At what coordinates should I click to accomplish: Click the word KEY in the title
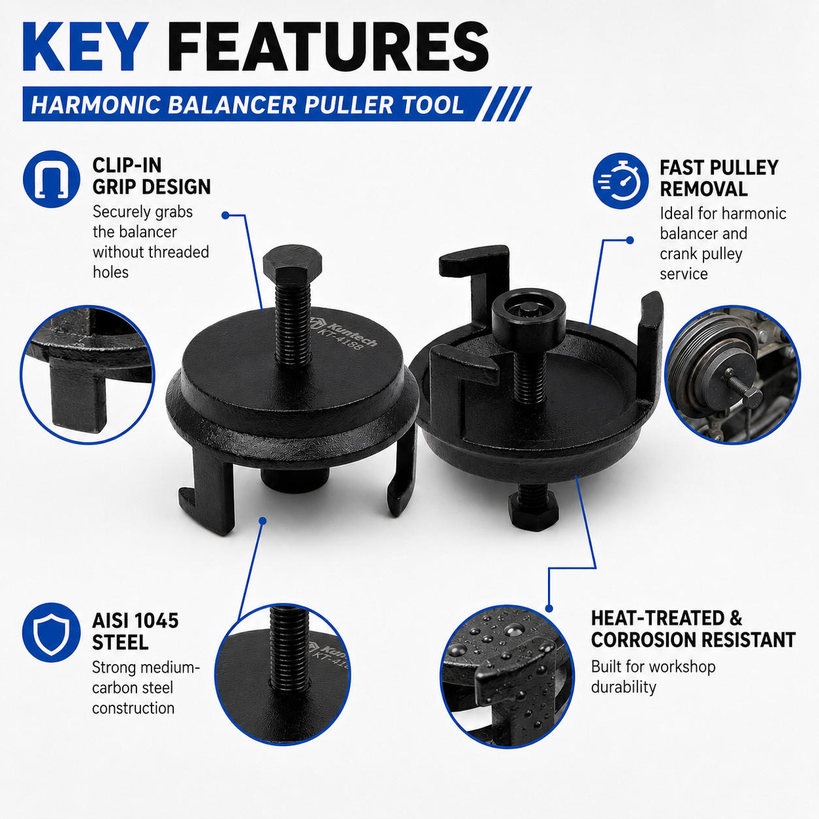point(86,47)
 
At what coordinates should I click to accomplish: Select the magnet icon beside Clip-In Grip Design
point(52,179)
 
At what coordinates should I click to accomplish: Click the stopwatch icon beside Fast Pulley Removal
point(621,181)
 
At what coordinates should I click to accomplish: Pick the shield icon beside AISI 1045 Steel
point(52,632)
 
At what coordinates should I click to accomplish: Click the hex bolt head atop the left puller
point(293,260)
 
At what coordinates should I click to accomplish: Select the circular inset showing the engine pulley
point(732,375)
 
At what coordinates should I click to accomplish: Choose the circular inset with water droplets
point(507,677)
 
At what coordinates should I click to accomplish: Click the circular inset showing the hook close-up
point(88,375)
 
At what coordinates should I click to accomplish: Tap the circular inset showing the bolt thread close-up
point(283,675)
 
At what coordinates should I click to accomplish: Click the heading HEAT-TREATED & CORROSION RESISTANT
point(693,629)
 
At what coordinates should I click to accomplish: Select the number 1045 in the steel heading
point(155,621)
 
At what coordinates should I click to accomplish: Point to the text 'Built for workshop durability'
point(653,677)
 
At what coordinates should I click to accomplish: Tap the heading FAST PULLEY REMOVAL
point(718,178)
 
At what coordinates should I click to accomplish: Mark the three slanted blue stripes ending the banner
point(505,104)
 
